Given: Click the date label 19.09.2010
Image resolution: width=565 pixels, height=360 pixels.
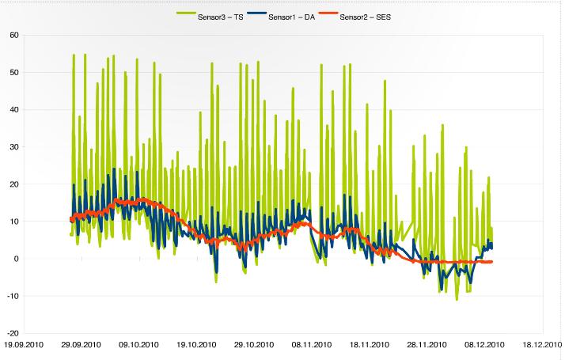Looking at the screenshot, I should click(24, 345).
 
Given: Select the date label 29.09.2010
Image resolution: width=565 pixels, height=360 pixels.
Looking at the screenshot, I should click(82, 345).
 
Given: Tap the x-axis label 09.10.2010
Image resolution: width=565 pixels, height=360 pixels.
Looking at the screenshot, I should click(139, 345).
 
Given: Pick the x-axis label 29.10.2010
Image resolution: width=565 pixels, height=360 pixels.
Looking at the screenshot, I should click(255, 345).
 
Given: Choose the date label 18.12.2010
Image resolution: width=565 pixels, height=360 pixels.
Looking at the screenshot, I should click(541, 345).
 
